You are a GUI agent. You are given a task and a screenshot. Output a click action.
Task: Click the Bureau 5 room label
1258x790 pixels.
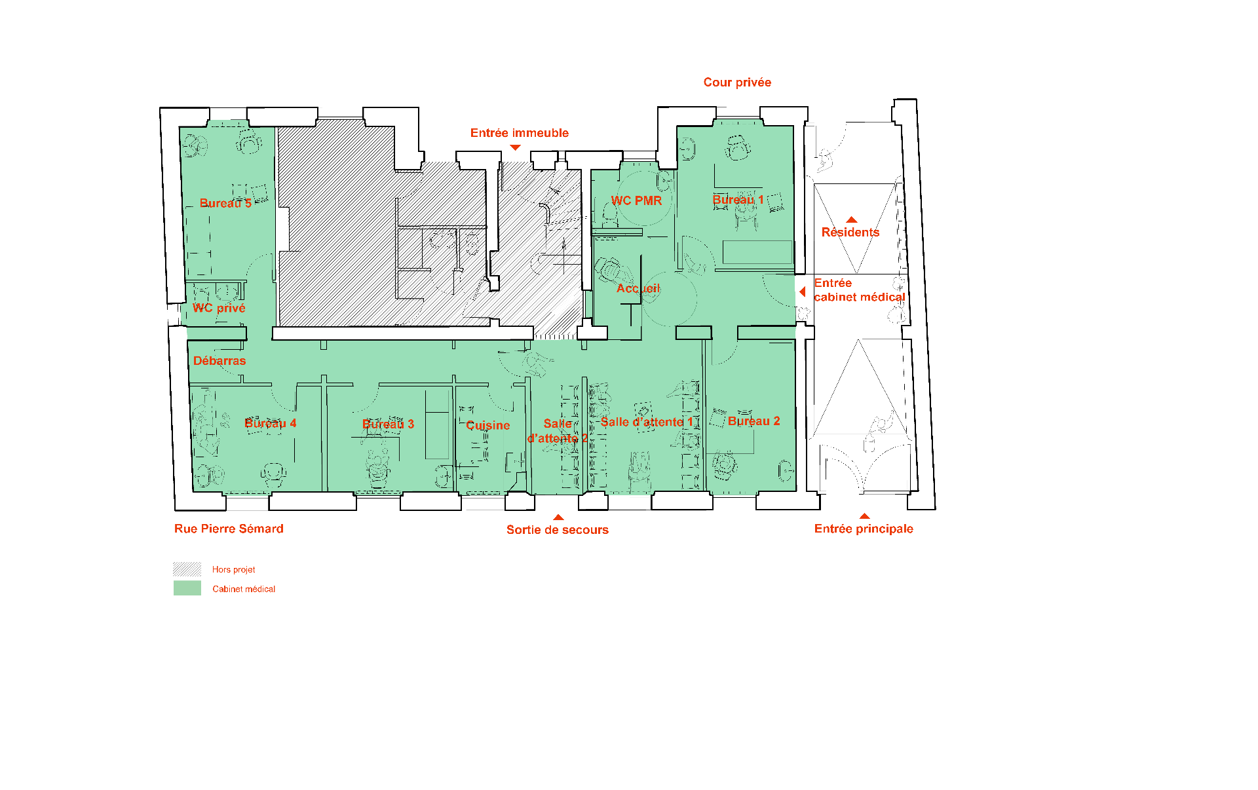(225, 203)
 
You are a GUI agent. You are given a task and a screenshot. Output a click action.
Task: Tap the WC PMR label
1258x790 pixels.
(636, 200)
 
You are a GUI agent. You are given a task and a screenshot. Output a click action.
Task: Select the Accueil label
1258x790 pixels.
(638, 288)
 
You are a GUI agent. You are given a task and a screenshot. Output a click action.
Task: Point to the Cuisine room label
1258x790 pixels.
(487, 425)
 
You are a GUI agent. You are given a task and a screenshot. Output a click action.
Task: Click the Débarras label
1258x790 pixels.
(219, 360)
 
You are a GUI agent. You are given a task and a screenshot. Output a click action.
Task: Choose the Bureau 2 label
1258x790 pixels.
(753, 421)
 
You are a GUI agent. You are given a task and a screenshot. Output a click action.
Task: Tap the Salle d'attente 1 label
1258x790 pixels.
(647, 422)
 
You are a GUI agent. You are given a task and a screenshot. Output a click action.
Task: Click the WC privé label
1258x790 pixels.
(219, 308)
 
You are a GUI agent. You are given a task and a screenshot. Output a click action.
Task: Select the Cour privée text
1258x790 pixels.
(737, 82)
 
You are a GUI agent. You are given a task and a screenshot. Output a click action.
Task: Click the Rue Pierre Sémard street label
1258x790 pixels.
(229, 529)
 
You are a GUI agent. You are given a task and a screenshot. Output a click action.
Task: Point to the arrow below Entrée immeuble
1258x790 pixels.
(516, 147)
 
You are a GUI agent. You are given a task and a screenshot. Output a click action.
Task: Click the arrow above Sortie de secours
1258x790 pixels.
(558, 517)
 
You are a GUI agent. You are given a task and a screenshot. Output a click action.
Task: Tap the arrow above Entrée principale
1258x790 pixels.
(865, 516)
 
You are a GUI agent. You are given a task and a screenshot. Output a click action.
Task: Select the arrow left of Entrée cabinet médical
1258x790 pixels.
(803, 292)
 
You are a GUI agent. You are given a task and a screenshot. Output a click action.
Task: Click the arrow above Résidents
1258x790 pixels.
(852, 219)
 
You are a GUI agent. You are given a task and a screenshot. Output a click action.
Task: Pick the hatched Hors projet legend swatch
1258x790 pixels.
(187, 569)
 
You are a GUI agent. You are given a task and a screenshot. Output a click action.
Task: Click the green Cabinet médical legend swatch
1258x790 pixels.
(187, 588)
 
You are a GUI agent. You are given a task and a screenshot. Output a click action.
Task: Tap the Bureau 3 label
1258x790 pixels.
(388, 424)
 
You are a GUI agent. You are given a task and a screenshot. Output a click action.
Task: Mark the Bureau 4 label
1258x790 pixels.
(270, 423)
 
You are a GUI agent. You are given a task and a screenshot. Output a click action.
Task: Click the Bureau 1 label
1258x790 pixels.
(738, 199)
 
